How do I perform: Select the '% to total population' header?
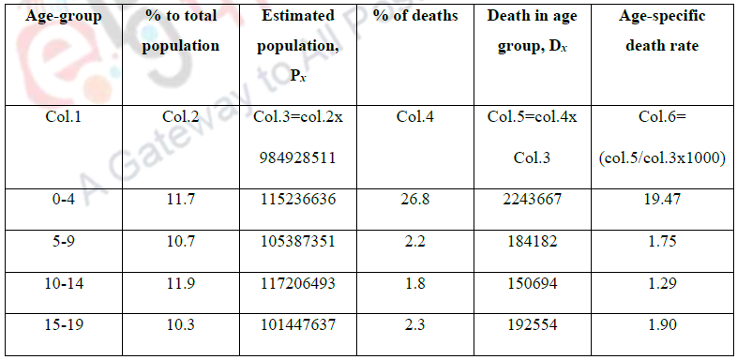180,32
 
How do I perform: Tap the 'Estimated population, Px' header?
297,43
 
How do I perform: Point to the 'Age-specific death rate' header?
662,32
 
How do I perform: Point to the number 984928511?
297,158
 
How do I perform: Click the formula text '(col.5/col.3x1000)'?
662,158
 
